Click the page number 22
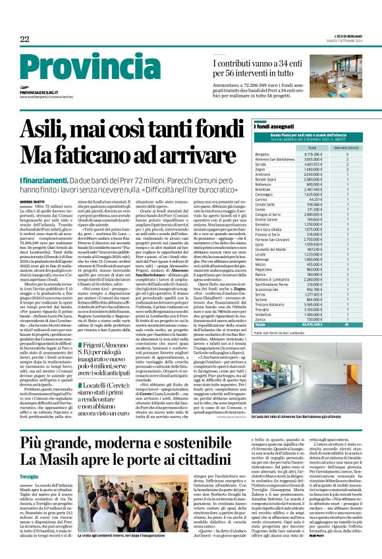(x=25, y=40)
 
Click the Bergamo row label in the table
(x=262, y=153)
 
